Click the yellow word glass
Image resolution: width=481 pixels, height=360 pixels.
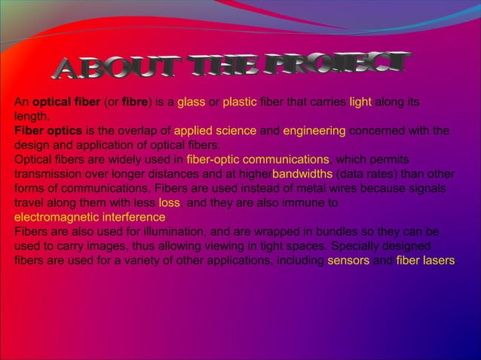point(191,102)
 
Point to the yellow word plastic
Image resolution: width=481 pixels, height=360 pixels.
point(240,102)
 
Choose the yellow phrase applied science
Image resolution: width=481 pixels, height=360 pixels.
point(216,131)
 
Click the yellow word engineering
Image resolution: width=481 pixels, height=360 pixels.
point(314,131)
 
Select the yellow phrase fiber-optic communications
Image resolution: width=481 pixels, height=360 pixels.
point(258,160)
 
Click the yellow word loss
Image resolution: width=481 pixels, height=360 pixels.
point(169,203)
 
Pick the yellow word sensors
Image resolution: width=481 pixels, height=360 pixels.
point(348,261)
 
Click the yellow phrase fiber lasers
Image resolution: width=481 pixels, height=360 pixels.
point(426,261)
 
